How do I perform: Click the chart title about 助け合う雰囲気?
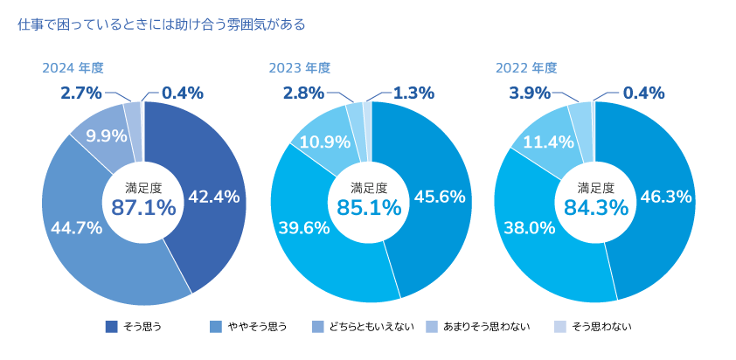[162, 24]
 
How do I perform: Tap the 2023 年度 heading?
[300, 68]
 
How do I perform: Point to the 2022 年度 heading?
[526, 68]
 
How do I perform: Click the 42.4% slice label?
[213, 197]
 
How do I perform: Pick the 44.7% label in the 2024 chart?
[77, 228]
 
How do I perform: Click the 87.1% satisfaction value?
[143, 207]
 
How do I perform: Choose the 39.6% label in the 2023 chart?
[304, 228]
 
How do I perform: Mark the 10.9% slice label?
[325, 141]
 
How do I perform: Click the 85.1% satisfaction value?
[369, 207]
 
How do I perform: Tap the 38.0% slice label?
[530, 228]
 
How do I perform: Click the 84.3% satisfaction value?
[595, 207]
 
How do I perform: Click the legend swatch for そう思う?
[111, 327]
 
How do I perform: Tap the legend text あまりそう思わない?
[487, 327]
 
